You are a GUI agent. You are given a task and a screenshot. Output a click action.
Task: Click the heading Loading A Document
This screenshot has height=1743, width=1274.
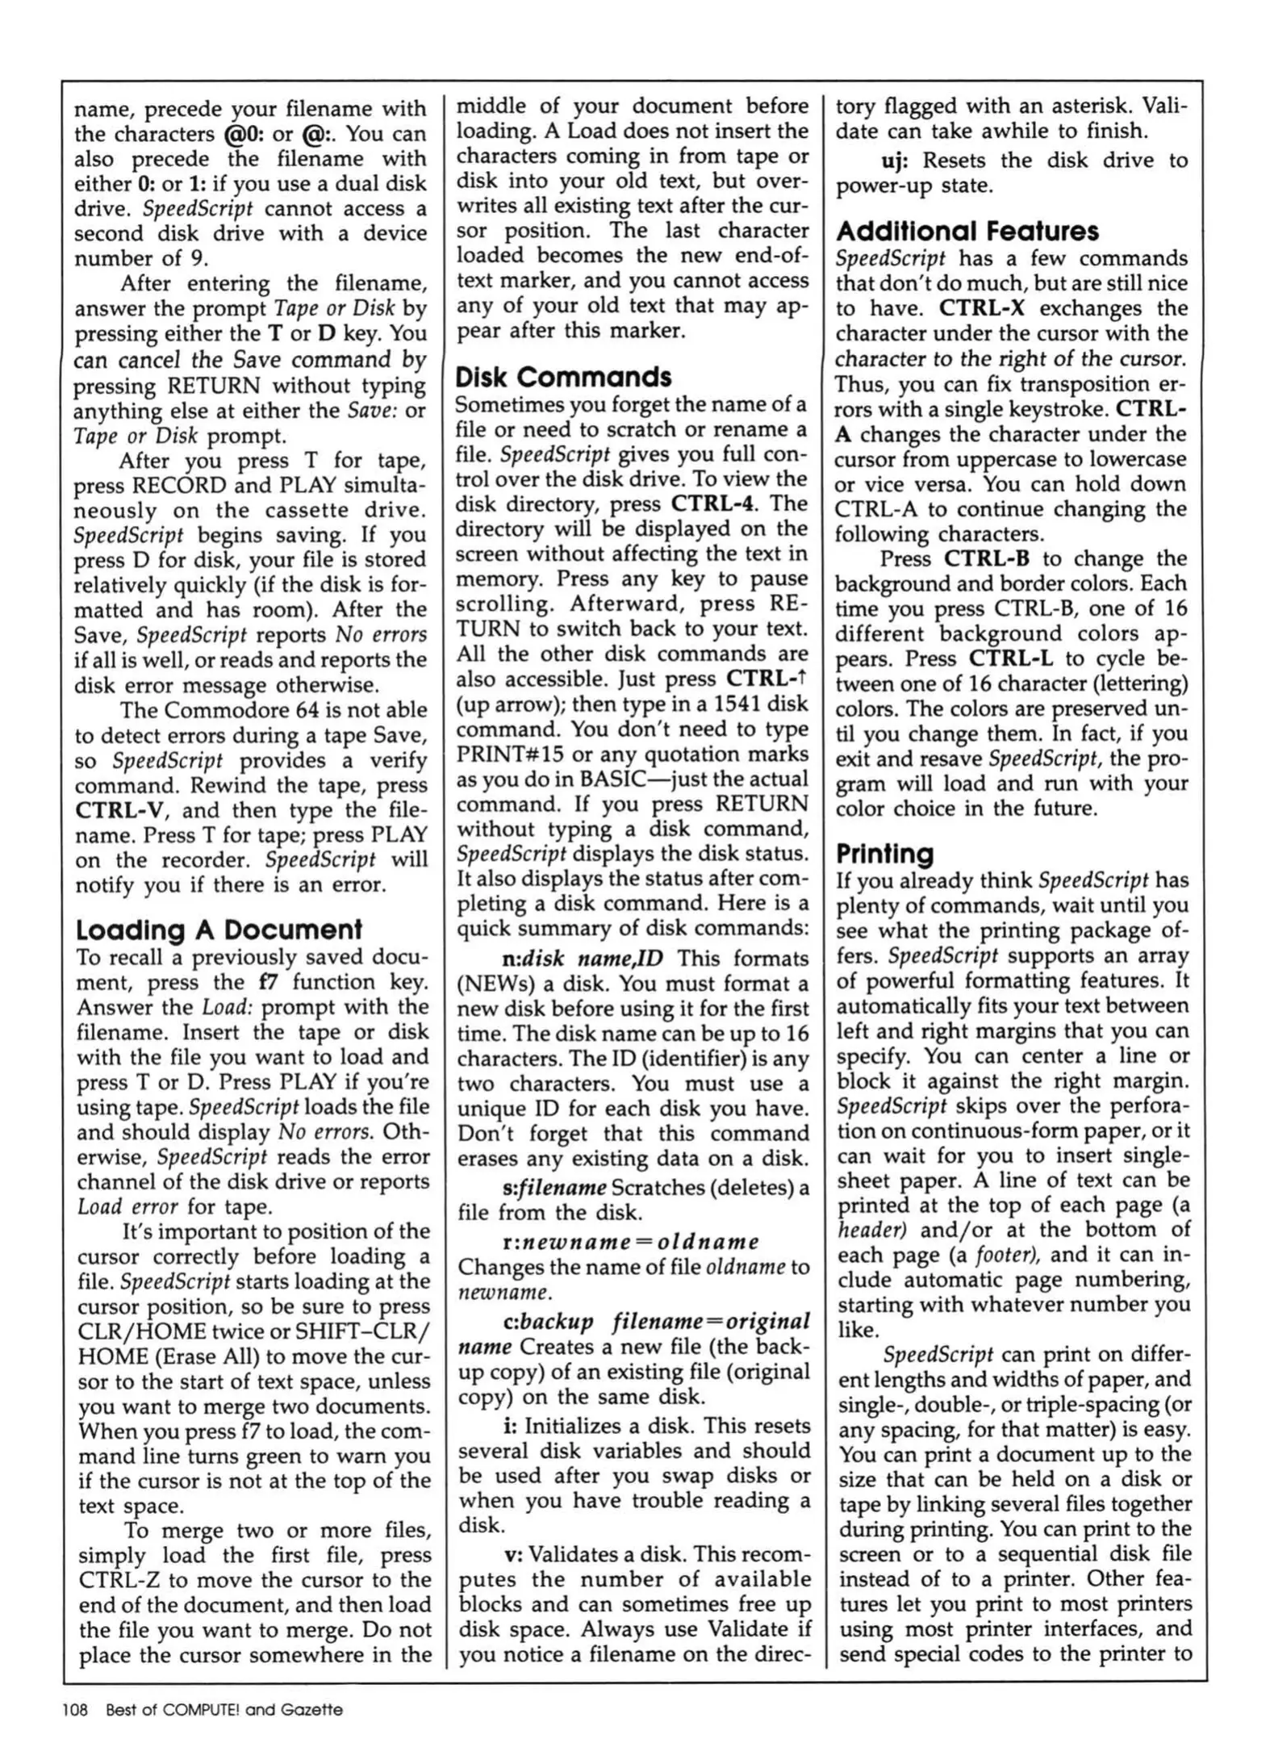[219, 930]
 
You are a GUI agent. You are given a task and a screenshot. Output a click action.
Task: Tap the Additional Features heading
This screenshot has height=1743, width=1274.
[967, 232]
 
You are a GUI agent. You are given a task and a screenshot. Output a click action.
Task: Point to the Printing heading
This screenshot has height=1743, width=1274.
[884, 853]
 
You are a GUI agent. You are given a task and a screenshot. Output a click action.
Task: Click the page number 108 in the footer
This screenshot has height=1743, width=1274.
[74, 1709]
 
